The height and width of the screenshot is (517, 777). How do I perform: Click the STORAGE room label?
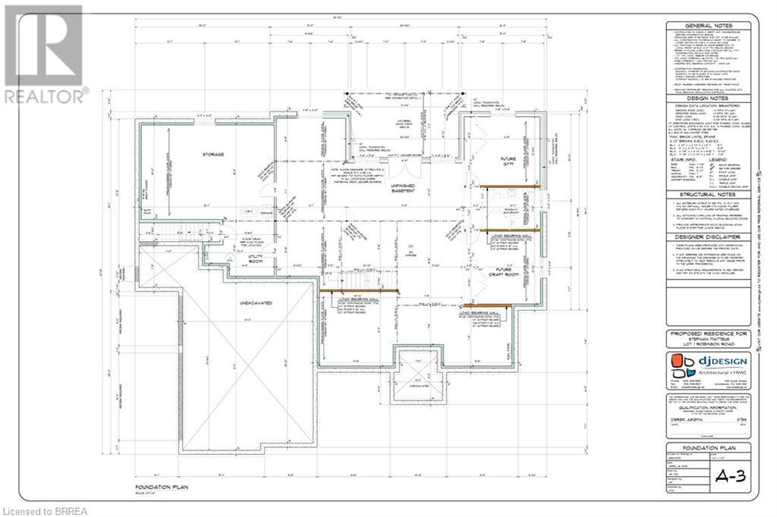coord(214,155)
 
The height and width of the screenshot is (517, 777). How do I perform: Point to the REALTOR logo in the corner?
coord(44,53)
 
